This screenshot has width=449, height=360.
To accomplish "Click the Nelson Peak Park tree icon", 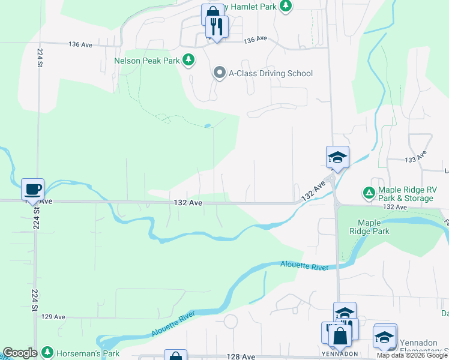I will (x=189, y=60).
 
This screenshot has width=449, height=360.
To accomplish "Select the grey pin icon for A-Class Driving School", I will (x=219, y=74).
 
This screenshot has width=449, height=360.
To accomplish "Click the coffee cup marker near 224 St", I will (x=32, y=189).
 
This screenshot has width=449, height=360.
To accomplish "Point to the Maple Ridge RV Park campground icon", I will (x=368, y=193).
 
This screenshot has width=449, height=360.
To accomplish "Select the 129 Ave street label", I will (x=53, y=316).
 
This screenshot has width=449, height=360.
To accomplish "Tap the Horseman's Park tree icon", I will (x=47, y=352).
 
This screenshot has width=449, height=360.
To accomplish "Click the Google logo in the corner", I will (x=20, y=353).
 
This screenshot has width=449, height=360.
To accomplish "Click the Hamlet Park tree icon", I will (x=286, y=6).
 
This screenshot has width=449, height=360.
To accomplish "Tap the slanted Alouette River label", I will (x=173, y=324).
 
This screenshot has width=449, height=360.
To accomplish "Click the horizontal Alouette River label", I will (x=305, y=265).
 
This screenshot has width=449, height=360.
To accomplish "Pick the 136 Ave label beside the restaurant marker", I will (x=256, y=39).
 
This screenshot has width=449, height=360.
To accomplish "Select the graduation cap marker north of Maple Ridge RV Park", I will (x=337, y=157).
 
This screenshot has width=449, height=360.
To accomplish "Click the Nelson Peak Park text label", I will (x=147, y=61).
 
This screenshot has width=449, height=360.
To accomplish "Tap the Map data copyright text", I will (x=412, y=355).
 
